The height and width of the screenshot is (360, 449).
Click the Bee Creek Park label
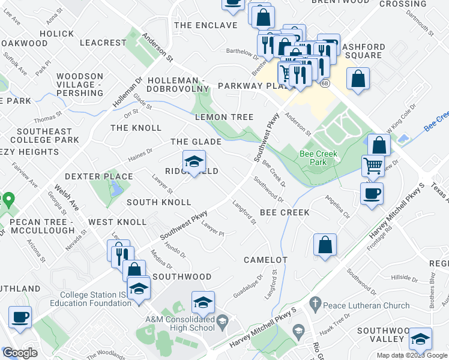(x=319, y=158)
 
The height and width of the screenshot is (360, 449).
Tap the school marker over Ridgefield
(x=194, y=161)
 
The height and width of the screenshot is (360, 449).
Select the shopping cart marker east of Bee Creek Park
(x=373, y=165)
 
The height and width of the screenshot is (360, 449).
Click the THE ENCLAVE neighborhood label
(x=199, y=25)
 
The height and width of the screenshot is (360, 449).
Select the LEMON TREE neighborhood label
(x=224, y=117)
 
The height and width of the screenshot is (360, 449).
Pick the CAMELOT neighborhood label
(x=265, y=260)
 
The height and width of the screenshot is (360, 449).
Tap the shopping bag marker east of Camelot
(x=325, y=244)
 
